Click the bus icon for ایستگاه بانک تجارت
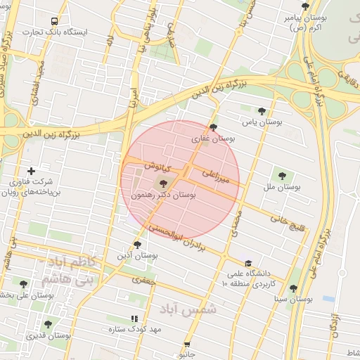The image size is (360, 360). click(56, 21)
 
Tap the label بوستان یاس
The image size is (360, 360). click(262, 122)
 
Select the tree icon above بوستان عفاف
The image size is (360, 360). click(214, 127)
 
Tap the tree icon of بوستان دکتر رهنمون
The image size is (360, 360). click(164, 184)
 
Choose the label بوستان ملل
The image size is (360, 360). click(282, 188)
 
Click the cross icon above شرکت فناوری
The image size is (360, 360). click(30, 171)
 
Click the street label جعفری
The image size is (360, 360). click(141, 280)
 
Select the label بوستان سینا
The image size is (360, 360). click(293, 299)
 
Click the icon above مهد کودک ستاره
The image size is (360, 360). click(134, 319)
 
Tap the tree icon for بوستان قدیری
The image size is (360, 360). click(48, 325)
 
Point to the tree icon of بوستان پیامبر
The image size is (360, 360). click(305, 6)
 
